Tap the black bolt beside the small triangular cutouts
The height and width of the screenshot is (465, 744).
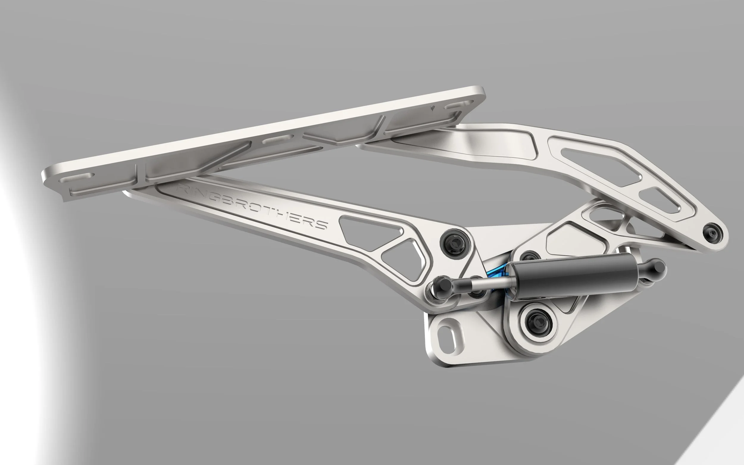455,245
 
